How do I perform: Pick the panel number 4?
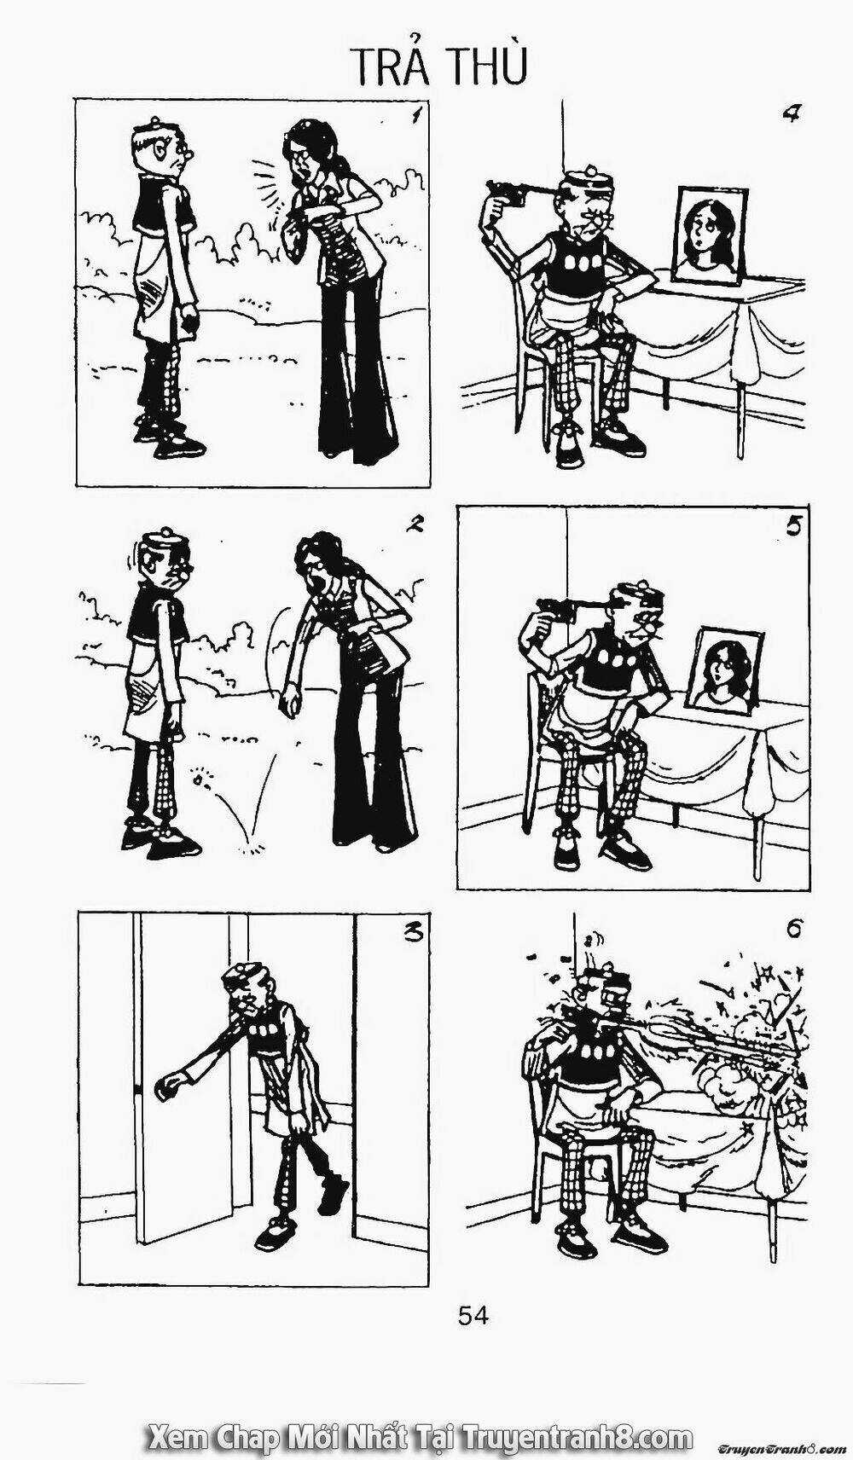pos(790,115)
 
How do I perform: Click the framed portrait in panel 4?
pos(709,235)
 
